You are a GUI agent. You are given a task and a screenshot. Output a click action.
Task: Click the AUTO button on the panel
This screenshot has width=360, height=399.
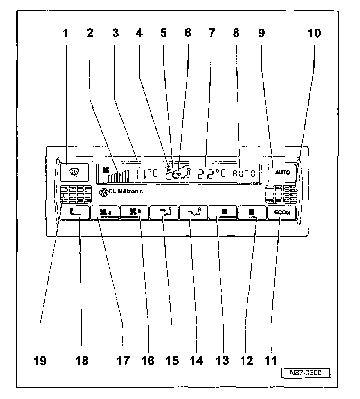coord(283,172)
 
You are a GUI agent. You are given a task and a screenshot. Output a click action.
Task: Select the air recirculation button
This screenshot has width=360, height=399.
coord(76,212)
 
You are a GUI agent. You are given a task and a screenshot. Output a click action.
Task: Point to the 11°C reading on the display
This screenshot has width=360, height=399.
coord(146,173)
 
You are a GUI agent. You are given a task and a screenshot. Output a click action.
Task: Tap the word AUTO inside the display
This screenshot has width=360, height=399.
coord(244,173)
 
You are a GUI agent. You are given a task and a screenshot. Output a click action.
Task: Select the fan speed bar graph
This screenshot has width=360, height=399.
coord(119,176)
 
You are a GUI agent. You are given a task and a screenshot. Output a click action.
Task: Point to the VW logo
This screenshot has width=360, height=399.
coord(103,192)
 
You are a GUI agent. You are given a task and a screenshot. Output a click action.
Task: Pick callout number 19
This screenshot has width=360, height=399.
coord(40,361)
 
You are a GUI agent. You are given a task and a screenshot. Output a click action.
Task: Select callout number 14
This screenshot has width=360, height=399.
coord(196,361)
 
